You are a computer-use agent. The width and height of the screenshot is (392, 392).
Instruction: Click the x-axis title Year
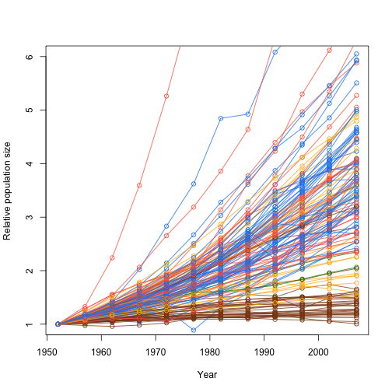[x=207, y=375]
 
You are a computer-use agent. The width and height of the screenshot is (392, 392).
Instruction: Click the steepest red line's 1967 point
[x=139, y=185]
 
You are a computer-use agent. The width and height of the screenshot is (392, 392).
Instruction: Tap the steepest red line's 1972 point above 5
[x=166, y=96]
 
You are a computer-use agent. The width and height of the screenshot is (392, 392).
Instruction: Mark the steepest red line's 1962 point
[x=112, y=257]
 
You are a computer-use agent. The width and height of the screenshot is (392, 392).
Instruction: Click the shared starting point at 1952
[x=58, y=324]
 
